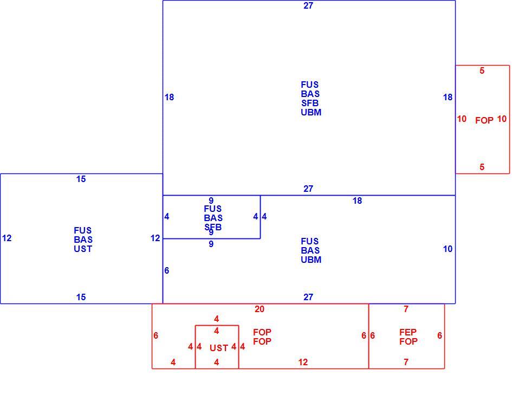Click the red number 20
click(x=260, y=309)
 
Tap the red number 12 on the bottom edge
click(x=303, y=362)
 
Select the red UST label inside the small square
click(x=219, y=348)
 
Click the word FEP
click(x=407, y=332)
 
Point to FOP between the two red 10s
click(x=484, y=120)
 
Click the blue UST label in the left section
click(x=83, y=249)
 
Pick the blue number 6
click(x=167, y=270)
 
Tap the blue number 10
click(x=448, y=249)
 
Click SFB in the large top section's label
click(x=310, y=103)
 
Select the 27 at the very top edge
click(x=308, y=5)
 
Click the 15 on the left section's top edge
click(x=81, y=179)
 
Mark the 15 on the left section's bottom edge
click(x=81, y=297)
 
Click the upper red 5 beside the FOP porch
click(x=482, y=70)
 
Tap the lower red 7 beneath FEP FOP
click(x=406, y=362)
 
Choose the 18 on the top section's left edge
click(x=169, y=97)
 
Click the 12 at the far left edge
click(x=7, y=238)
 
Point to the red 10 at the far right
click(x=502, y=119)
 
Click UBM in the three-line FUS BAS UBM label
click(x=311, y=260)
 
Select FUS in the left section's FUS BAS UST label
click(x=82, y=230)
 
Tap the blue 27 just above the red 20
click(x=308, y=297)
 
